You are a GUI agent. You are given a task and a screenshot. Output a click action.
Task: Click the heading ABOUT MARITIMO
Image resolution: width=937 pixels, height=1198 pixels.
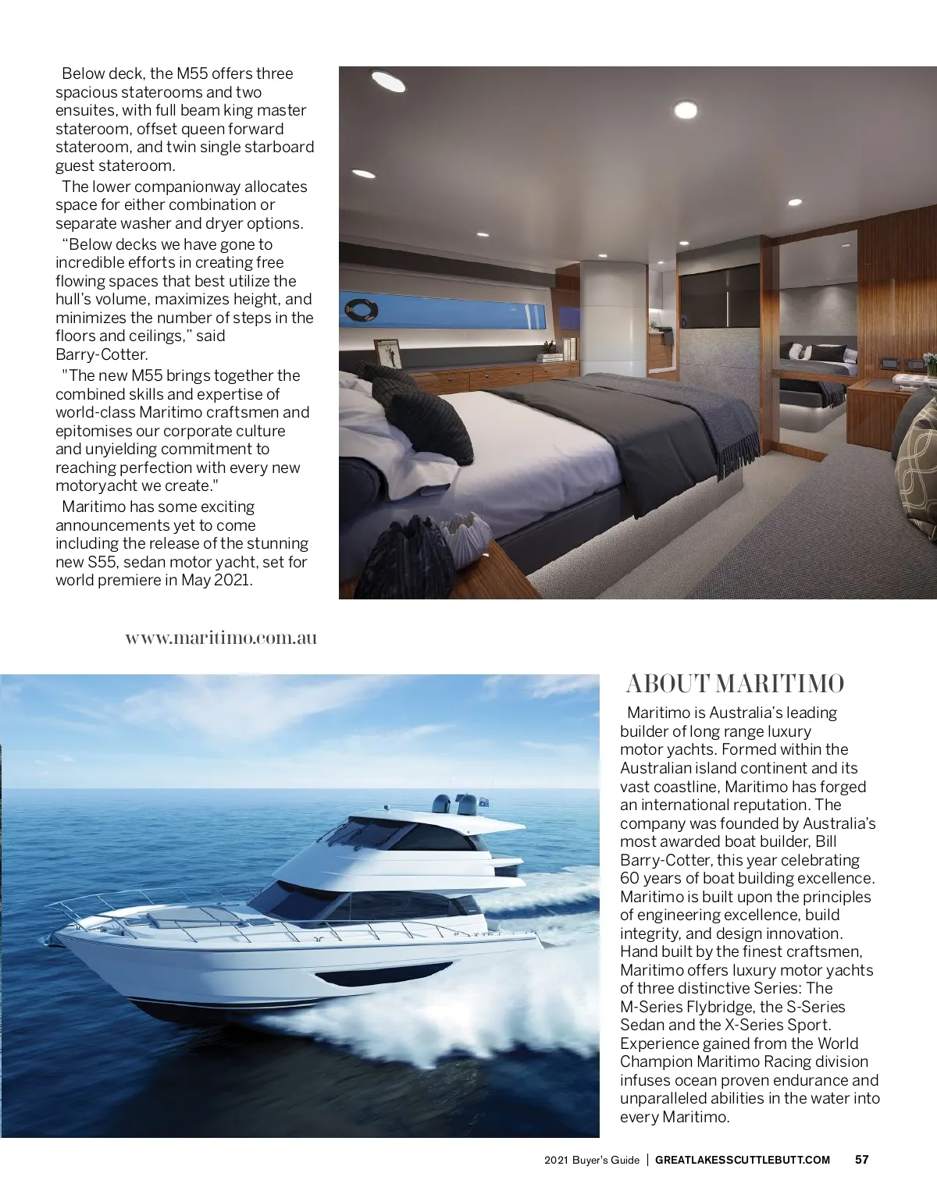[735, 684]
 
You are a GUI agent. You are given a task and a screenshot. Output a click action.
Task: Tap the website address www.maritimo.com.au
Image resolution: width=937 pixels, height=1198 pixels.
[221, 638]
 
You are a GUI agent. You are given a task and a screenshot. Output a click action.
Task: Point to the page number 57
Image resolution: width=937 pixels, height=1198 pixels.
[862, 1160]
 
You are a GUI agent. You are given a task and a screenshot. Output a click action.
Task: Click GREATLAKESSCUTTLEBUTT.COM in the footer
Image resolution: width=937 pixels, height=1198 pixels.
[742, 1160]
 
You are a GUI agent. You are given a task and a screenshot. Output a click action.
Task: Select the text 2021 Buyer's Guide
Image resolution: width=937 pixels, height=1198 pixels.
[592, 1160]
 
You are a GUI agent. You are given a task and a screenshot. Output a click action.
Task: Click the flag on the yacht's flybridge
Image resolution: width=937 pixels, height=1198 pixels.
[484, 802]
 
